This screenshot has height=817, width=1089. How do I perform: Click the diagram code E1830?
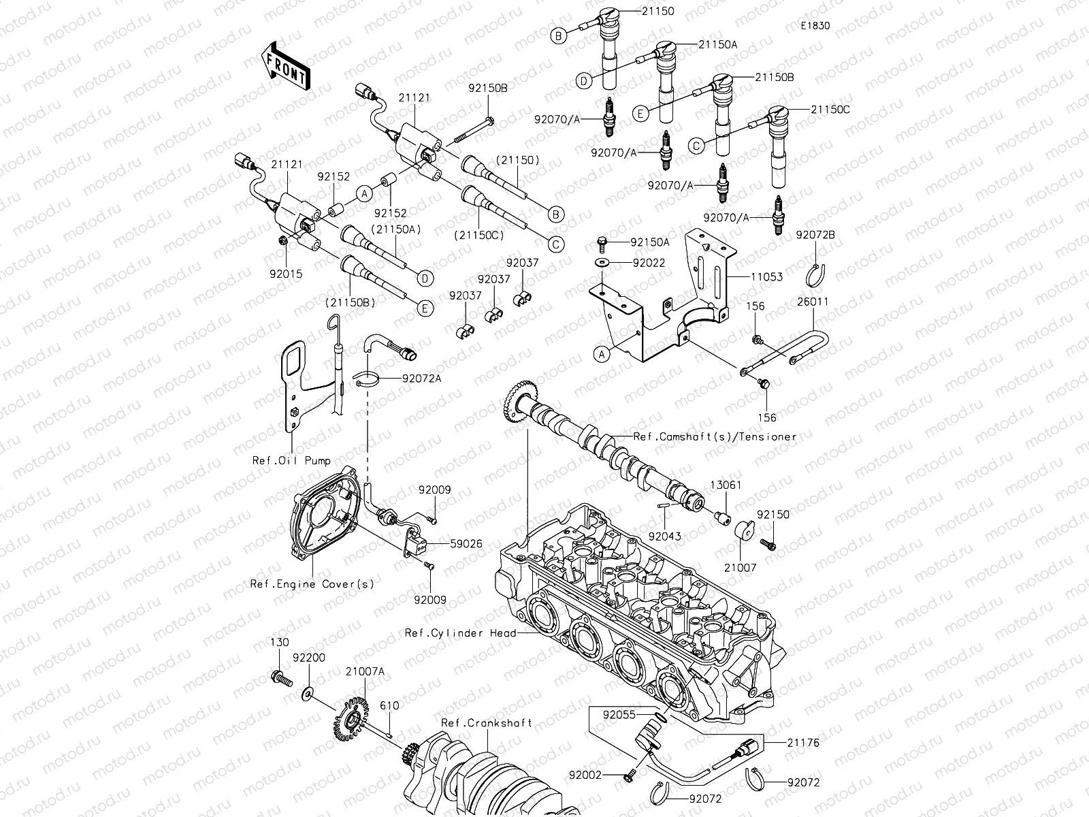tap(815, 26)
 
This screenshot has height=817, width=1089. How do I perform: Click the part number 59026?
tap(466, 544)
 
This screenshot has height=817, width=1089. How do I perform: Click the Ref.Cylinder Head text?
tap(459, 632)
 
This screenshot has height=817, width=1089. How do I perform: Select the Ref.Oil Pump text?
tap(291, 460)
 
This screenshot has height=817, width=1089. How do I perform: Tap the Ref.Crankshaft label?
tap(486, 722)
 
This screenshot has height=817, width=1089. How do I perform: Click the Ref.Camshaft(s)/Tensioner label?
tap(714, 436)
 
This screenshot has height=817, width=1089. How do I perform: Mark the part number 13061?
tap(726, 485)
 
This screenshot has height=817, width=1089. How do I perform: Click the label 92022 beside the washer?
tap(649, 262)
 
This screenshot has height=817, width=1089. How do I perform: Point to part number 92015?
tap(286, 274)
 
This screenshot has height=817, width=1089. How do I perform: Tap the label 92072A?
tap(421, 378)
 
